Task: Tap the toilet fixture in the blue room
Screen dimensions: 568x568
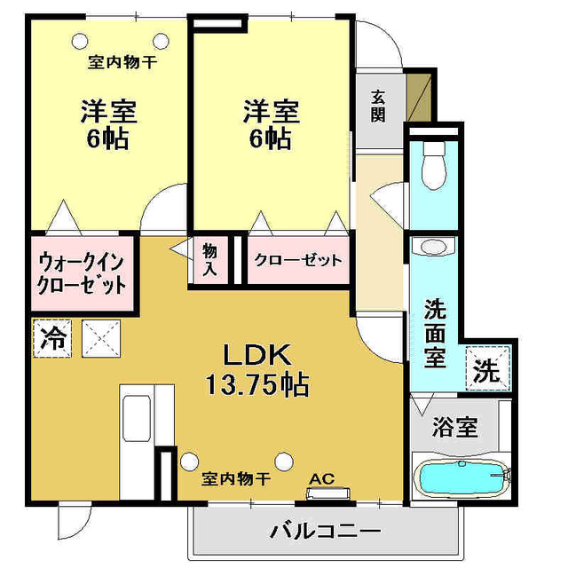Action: point(434,165)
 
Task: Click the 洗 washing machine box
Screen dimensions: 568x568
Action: point(488,369)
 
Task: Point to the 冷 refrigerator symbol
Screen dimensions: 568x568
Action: point(52,338)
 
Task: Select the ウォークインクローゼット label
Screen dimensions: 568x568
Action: point(81,274)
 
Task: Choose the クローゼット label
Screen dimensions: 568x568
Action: point(297,261)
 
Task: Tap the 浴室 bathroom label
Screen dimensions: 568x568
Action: point(455,428)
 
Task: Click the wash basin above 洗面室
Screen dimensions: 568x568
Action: point(435,247)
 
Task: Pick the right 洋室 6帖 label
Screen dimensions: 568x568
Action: point(271,124)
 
